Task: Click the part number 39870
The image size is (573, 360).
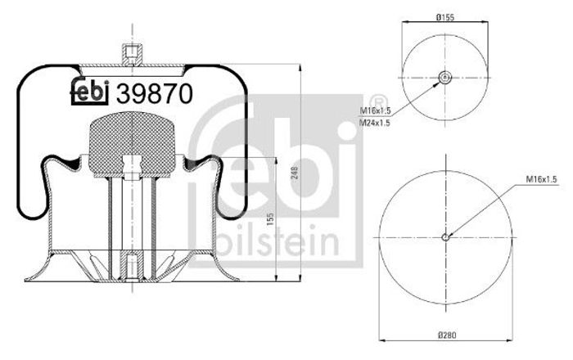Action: [x=154, y=93]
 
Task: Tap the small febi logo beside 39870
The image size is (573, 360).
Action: [x=90, y=92]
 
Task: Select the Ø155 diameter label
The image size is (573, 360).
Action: [x=444, y=17]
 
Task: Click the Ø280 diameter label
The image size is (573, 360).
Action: [x=446, y=335]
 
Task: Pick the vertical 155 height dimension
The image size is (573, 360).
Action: [x=270, y=219]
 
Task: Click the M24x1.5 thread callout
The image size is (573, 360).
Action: [x=375, y=123]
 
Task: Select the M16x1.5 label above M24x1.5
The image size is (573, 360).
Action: [x=376, y=110]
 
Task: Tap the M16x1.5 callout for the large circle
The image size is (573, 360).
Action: [x=541, y=179]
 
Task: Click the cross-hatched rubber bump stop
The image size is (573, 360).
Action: [x=133, y=144]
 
